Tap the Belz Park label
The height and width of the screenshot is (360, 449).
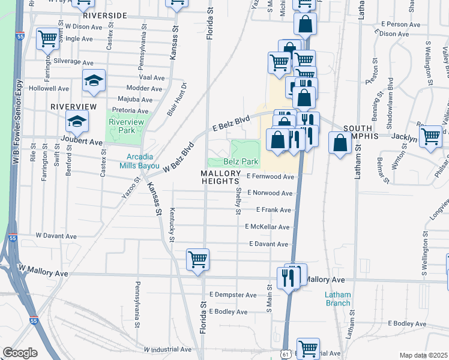point(241,161)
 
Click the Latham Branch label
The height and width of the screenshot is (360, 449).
point(337,299)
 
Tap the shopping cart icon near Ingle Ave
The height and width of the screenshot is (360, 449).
point(47,38)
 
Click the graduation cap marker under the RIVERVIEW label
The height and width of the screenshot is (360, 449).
point(76,122)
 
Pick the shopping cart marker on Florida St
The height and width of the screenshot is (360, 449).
point(197,259)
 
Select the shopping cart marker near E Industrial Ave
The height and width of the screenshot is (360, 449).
point(308,347)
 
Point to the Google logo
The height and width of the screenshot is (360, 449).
point(20,353)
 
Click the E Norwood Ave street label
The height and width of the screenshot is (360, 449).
point(270,193)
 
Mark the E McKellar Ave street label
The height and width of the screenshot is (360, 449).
point(267,227)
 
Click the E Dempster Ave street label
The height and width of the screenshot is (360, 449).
point(233,295)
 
